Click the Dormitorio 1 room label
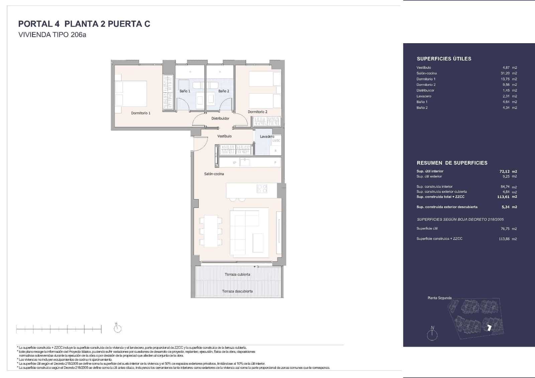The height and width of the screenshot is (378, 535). tap(140, 113)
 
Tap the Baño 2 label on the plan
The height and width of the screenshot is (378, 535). tap(224, 91)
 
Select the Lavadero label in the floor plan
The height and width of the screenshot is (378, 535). tap(267, 136)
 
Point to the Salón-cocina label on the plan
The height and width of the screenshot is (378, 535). tap(214, 174)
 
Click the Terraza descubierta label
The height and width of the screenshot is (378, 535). tap(237, 291)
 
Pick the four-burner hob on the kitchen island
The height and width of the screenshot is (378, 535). tap(262, 189)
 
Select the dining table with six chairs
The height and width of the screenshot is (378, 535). tap(210, 231)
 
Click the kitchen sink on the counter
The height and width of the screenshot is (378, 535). tap(245, 163)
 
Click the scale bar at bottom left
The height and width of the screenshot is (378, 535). tap(59, 329)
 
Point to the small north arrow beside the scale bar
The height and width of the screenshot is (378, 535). tap(117, 328)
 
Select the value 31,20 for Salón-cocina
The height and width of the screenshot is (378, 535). tap(505, 73)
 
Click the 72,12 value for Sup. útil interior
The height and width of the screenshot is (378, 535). tap(505, 171)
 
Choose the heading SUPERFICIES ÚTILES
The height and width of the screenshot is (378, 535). tap(444, 59)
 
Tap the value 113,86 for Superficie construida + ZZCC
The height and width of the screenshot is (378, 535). tap(504, 239)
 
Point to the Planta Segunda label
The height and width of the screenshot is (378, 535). tap(439, 298)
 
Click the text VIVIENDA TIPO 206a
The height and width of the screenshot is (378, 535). tap(52, 35)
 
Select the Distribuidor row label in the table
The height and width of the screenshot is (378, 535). tap(425, 90)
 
